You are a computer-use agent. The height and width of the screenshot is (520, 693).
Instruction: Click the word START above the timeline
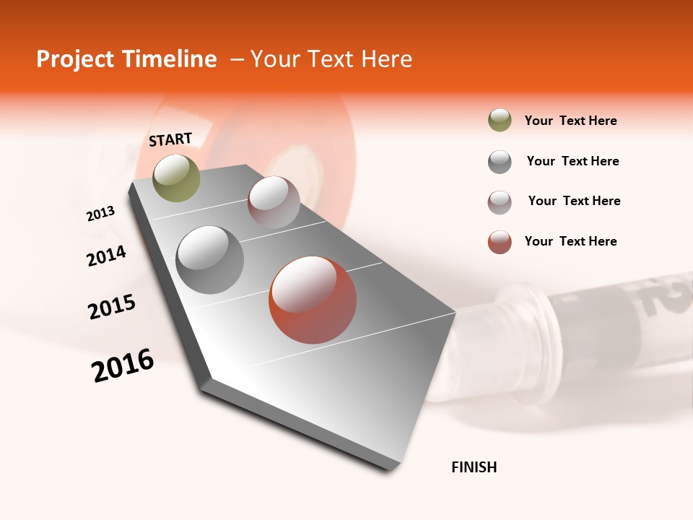(170, 139)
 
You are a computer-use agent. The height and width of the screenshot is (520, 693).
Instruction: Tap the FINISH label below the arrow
(474, 467)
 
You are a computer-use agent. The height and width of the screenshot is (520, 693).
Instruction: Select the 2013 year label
(101, 214)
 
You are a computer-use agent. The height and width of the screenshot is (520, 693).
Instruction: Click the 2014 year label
(106, 256)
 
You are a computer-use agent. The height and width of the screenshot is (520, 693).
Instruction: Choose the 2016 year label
(123, 365)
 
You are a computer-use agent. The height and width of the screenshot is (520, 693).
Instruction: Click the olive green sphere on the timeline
(176, 178)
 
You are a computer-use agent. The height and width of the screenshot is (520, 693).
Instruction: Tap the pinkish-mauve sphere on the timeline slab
(274, 202)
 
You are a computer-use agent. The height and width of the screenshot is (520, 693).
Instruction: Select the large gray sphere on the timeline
(209, 259)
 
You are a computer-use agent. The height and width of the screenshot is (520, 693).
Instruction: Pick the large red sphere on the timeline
(312, 300)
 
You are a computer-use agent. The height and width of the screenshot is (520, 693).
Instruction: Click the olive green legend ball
(500, 121)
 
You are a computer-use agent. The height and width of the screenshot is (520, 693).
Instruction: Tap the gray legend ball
(500, 162)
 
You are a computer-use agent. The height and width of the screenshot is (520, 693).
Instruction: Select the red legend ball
(500, 242)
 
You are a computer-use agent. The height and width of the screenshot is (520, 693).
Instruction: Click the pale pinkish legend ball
(500, 202)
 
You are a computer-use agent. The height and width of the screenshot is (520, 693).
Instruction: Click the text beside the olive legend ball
(570, 121)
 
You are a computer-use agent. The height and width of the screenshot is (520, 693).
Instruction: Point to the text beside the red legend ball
(570, 241)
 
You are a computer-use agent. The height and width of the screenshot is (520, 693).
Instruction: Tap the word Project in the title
(74, 59)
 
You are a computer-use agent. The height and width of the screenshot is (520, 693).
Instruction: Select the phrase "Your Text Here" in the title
(331, 59)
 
